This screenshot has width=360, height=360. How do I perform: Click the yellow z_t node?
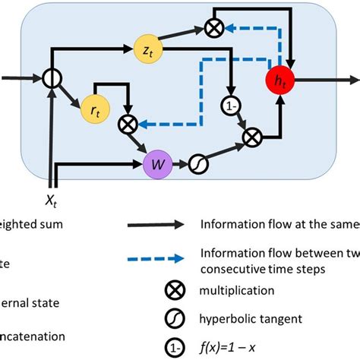(144, 47)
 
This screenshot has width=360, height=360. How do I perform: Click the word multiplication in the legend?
(237, 289)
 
